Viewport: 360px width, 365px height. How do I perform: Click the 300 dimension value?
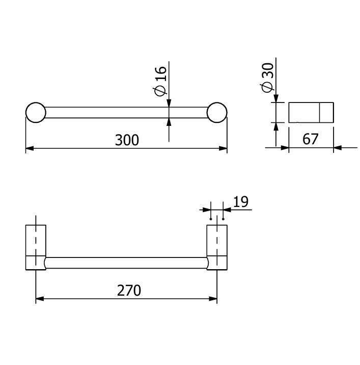click(x=127, y=140)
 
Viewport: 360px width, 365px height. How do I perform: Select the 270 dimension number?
click(x=129, y=290)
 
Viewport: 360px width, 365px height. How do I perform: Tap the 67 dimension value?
click(x=310, y=139)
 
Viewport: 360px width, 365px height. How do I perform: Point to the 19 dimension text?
click(x=241, y=201)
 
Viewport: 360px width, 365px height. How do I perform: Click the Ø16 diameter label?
click(x=160, y=81)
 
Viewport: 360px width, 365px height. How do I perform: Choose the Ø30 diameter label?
click(x=267, y=77)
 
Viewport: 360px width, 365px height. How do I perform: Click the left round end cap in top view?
click(x=36, y=113)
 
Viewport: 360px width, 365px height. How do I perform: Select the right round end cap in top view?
click(x=217, y=113)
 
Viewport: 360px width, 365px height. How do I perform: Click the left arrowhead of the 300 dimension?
click(x=30, y=148)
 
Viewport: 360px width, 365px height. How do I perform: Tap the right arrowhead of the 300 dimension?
click(x=223, y=148)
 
